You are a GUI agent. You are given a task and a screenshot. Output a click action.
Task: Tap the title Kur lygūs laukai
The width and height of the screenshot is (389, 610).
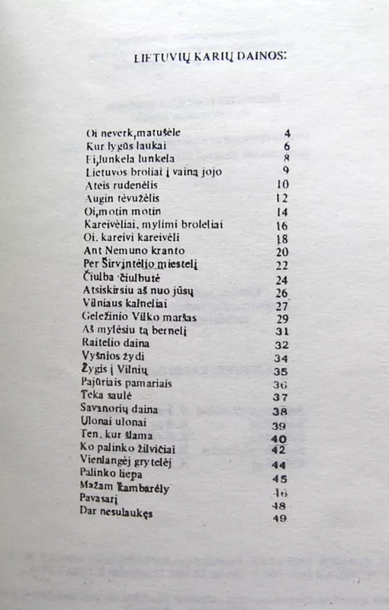[x=126, y=146]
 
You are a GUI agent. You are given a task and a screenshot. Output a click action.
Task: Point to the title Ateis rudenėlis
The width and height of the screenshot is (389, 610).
[x=123, y=185]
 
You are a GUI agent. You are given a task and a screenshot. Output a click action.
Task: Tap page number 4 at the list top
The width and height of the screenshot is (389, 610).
[x=287, y=133]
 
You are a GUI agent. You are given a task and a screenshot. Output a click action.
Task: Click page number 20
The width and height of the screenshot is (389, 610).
[x=281, y=252]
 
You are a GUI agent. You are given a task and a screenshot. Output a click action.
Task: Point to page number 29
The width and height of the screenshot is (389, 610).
[x=281, y=318]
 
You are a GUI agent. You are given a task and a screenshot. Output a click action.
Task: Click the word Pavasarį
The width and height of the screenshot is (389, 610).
[x=104, y=499]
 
